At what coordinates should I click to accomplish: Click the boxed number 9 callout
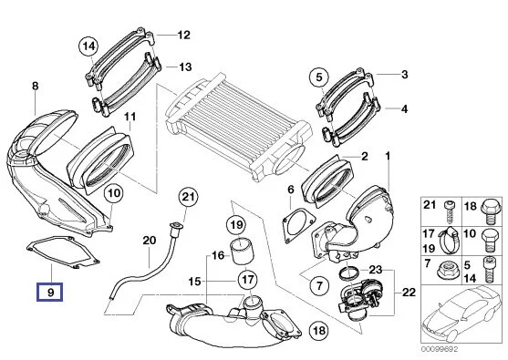pyautogui.click(x=50, y=292)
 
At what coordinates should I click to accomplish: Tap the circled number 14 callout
pyautogui.click(x=89, y=46)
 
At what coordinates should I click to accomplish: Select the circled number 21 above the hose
pyautogui.click(x=189, y=197)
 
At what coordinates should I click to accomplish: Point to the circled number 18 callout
pyautogui.click(x=319, y=330)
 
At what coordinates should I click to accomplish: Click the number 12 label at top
pyautogui.click(x=184, y=35)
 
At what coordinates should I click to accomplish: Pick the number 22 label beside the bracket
pyautogui.click(x=409, y=292)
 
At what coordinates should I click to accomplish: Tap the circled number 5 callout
pyautogui.click(x=319, y=77)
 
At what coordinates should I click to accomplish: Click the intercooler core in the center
pyautogui.click(x=239, y=127)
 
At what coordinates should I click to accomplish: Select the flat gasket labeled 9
pyautogui.click(x=63, y=252)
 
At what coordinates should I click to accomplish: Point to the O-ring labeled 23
pyautogui.click(x=349, y=273)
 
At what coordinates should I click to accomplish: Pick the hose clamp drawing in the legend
pyautogui.click(x=449, y=241)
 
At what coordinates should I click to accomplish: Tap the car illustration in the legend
pyautogui.click(x=463, y=316)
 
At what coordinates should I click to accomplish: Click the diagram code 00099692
pyautogui.click(x=440, y=349)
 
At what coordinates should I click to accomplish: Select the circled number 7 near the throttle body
pyautogui.click(x=319, y=285)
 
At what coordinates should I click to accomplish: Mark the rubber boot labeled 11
pyautogui.click(x=100, y=160)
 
